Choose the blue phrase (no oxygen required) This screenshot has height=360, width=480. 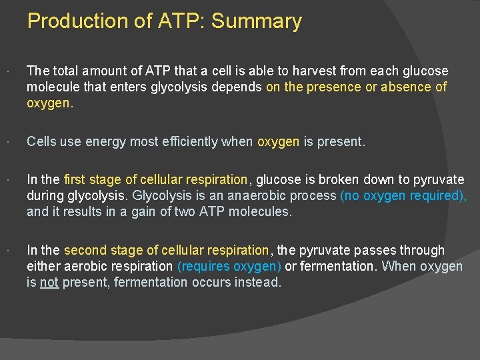point(403,196)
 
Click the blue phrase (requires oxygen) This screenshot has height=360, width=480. point(229,267)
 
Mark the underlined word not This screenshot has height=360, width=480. point(49,283)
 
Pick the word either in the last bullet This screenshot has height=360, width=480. point(43,267)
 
